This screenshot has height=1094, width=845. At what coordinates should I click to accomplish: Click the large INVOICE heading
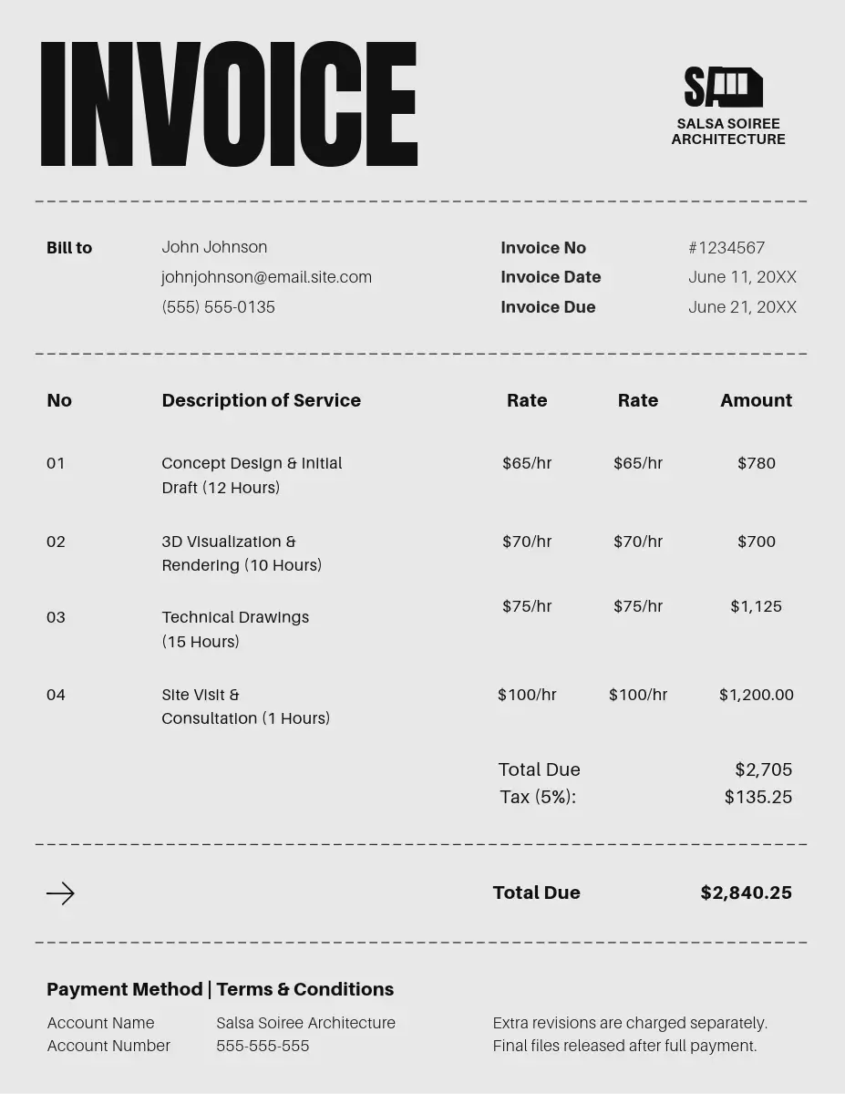tap(228, 105)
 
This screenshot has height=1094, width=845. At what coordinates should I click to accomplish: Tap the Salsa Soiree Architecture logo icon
tap(723, 88)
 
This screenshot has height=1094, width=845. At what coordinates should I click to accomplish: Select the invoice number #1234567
tap(726, 248)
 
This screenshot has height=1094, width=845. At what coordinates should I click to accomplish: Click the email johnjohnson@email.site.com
tap(266, 277)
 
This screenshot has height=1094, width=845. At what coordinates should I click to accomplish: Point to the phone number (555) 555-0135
tap(218, 307)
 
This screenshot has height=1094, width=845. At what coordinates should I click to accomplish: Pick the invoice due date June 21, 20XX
tap(742, 307)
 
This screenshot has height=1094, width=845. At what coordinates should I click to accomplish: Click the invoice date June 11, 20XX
tap(742, 277)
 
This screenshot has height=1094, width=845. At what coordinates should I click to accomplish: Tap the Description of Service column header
tap(261, 400)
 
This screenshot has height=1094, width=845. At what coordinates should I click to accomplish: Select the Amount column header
tap(756, 400)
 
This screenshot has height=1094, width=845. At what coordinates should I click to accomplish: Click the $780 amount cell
tap(756, 463)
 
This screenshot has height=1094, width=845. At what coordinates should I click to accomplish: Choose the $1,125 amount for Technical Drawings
tap(756, 606)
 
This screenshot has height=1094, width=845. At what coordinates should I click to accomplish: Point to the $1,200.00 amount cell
tap(756, 695)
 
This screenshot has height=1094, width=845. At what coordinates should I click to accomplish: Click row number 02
tap(56, 542)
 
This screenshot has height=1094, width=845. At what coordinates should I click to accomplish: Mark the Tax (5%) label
tap(538, 797)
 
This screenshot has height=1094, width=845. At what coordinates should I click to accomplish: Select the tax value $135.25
tap(757, 797)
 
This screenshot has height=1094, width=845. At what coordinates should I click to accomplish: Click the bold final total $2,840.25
tap(746, 893)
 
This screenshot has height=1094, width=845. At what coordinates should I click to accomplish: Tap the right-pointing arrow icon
tap(60, 893)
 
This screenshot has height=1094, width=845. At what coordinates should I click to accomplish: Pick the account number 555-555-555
tap(263, 1046)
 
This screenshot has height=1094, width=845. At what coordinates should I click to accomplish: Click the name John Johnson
tap(214, 247)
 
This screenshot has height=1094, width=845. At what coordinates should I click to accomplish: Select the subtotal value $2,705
tap(763, 769)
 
